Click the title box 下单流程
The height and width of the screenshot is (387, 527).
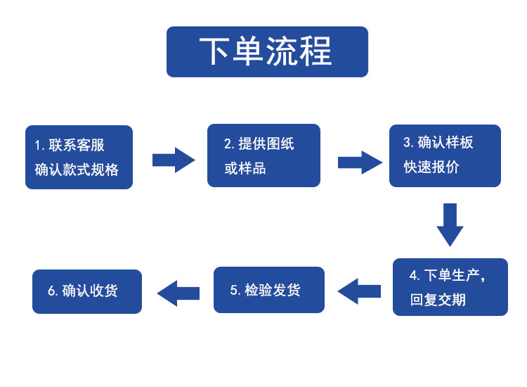pyautogui.click(x=267, y=51)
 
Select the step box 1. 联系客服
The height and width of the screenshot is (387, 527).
pyautogui.click(x=79, y=157)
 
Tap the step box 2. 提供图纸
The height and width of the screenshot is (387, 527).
pyautogui.click(x=263, y=156)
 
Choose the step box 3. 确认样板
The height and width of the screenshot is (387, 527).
pyautogui.click(x=445, y=156)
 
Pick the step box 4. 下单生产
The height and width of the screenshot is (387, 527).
pyautogui.click(x=450, y=287)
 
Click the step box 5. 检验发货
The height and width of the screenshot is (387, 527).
pyautogui.click(x=269, y=290)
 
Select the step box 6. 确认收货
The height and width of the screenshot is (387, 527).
pyautogui.click(x=87, y=291)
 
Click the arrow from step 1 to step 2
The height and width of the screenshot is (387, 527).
pyautogui.click(x=174, y=160)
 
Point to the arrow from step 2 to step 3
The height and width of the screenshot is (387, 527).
pyautogui.click(x=360, y=163)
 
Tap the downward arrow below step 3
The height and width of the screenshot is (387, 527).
pyautogui.click(x=450, y=224)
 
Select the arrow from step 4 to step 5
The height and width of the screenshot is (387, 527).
pyautogui.click(x=359, y=291)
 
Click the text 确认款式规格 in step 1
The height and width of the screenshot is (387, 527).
pyautogui.click(x=77, y=170)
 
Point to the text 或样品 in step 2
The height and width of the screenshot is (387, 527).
pyautogui.click(x=245, y=169)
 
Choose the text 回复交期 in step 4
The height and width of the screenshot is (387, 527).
pyautogui.click(x=438, y=300)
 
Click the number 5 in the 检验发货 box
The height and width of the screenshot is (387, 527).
pyautogui.click(x=234, y=290)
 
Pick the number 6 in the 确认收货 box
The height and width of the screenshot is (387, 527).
pyautogui.click(x=51, y=291)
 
